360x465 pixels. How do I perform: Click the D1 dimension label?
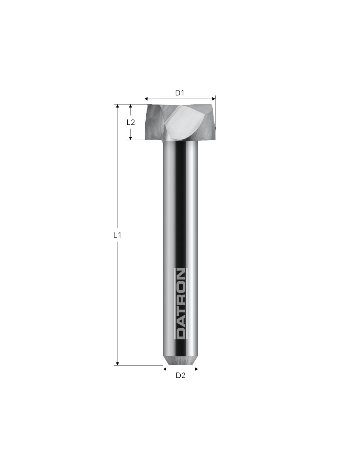tap(180, 93)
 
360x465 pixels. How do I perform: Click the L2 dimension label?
tap(131, 122)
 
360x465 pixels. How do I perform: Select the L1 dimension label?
tap(117, 235)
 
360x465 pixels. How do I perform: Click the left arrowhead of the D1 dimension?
tap(146, 99)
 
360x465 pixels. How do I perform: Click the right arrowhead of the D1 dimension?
tap(213, 99)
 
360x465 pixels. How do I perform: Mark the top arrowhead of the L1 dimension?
tap(117, 106)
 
